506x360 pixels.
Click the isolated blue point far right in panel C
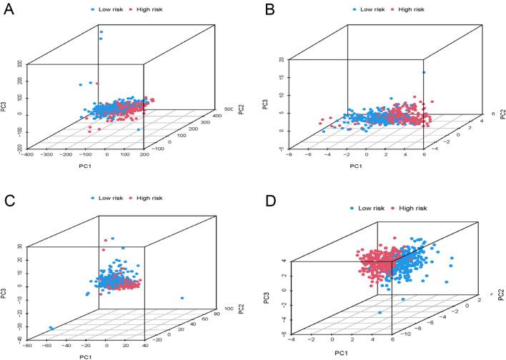click(183, 298)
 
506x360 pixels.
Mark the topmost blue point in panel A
click(101, 31)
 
